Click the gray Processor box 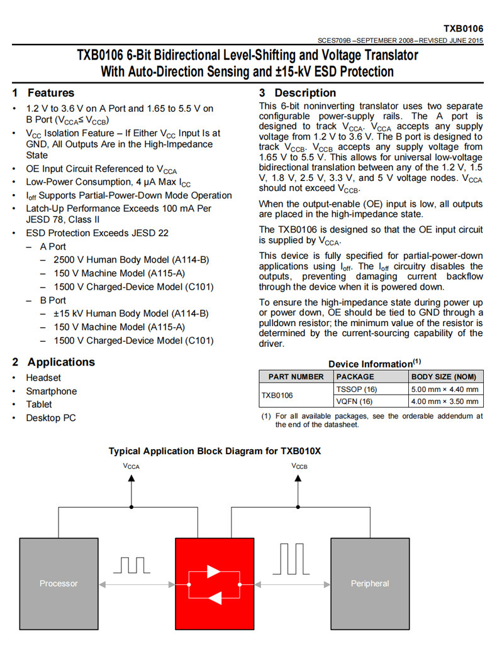click(x=59, y=583)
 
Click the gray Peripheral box click(x=369, y=583)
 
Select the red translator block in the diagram click(x=214, y=583)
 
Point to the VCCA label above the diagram click(x=131, y=466)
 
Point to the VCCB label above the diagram click(x=299, y=466)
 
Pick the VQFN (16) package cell click(x=354, y=401)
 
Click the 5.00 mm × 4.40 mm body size click(x=444, y=389)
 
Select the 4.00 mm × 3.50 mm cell click(x=444, y=401)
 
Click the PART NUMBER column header click(x=296, y=376)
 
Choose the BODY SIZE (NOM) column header click(x=444, y=376)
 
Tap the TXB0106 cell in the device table click(x=277, y=395)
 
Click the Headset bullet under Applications click(x=43, y=378)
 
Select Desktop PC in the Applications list click(x=50, y=418)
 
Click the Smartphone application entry click(x=51, y=391)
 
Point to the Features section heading click(x=50, y=93)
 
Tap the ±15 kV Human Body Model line click(x=131, y=314)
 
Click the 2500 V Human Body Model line click(x=131, y=259)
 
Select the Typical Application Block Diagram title click(x=215, y=451)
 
